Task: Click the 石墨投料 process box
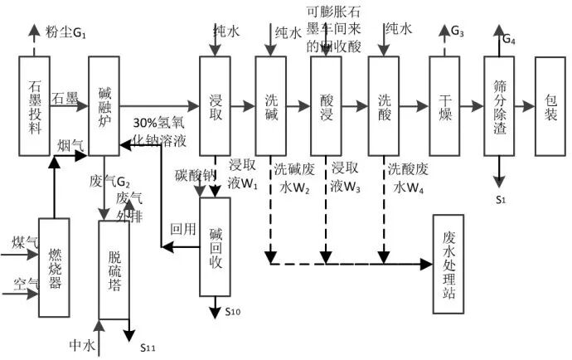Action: click(34, 105)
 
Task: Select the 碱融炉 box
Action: click(104, 105)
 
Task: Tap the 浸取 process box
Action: click(215, 105)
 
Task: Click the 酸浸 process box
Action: click(327, 105)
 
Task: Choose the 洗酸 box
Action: click(384, 105)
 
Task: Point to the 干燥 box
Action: click(445, 105)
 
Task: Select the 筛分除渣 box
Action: click(499, 105)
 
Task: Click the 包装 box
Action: click(551, 105)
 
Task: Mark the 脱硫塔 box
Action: click(114, 269)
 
